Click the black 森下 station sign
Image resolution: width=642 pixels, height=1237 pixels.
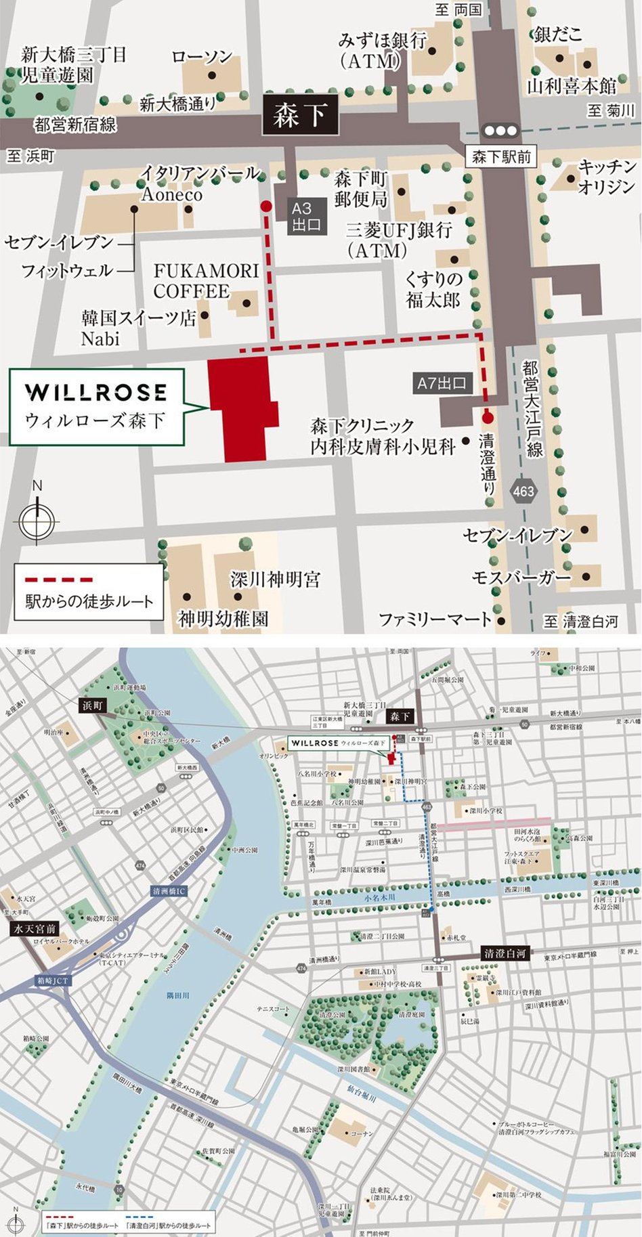pyautogui.click(x=299, y=115)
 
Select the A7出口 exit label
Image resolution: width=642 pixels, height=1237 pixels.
pyautogui.click(x=442, y=383)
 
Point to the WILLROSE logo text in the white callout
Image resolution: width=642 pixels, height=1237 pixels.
pyautogui.click(x=95, y=392)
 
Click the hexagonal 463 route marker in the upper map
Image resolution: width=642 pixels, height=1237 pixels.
pyautogui.click(x=523, y=492)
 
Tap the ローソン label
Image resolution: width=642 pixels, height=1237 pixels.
pyautogui.click(x=202, y=57)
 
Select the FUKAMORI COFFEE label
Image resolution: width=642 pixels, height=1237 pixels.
pyautogui.click(x=206, y=280)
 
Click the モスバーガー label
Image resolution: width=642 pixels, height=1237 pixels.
pyautogui.click(x=521, y=578)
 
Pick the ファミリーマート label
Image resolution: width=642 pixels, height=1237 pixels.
pyautogui.click(x=435, y=619)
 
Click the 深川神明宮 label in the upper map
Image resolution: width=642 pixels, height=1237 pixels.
pyautogui.click(x=275, y=580)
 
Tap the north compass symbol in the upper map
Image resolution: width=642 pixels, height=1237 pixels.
pyautogui.click(x=37, y=518)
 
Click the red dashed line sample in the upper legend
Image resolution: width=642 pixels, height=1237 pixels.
pyautogui.click(x=59, y=580)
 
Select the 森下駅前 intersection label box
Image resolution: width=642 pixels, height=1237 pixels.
pyautogui.click(x=501, y=157)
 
